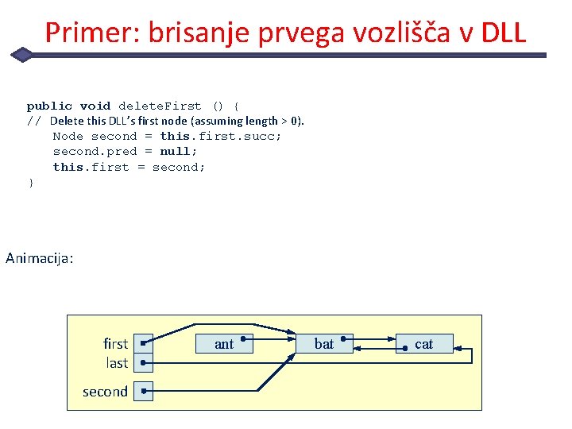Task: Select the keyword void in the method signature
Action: pyautogui.click(x=95, y=106)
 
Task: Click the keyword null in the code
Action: pyautogui.click(x=176, y=151)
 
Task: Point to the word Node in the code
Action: pyautogui.click(x=68, y=136)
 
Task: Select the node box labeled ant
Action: pyautogui.click(x=224, y=343)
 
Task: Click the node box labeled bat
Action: pyautogui.click(x=324, y=343)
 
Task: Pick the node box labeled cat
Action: pyautogui.click(x=424, y=343)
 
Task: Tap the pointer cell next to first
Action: pyautogui.click(x=143, y=344)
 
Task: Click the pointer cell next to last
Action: pyautogui.click(x=143, y=363)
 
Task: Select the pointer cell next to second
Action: pyautogui.click(x=143, y=391)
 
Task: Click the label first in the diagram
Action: pyautogui.click(x=115, y=344)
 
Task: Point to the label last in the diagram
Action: pyautogui.click(x=117, y=363)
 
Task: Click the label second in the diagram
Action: pyautogui.click(x=105, y=392)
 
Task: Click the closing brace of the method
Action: pyautogui.click(x=31, y=182)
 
